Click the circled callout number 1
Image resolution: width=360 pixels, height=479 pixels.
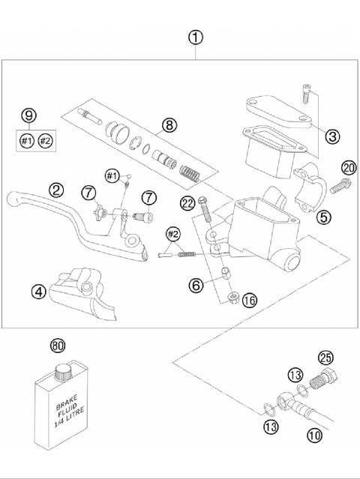click(x=195, y=37)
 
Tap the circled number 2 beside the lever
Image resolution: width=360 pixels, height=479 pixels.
click(x=56, y=190)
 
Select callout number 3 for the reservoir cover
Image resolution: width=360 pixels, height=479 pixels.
click(x=332, y=136)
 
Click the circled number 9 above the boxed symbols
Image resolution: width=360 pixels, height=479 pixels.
click(x=28, y=115)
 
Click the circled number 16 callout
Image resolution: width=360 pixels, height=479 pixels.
click(x=250, y=300)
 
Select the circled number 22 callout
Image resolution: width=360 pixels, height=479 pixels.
click(x=187, y=202)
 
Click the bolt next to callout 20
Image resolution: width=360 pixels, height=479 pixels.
click(x=335, y=181)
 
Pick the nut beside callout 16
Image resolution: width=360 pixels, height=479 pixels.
click(x=233, y=298)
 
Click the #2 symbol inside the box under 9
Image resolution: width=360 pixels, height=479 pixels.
click(x=46, y=140)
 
